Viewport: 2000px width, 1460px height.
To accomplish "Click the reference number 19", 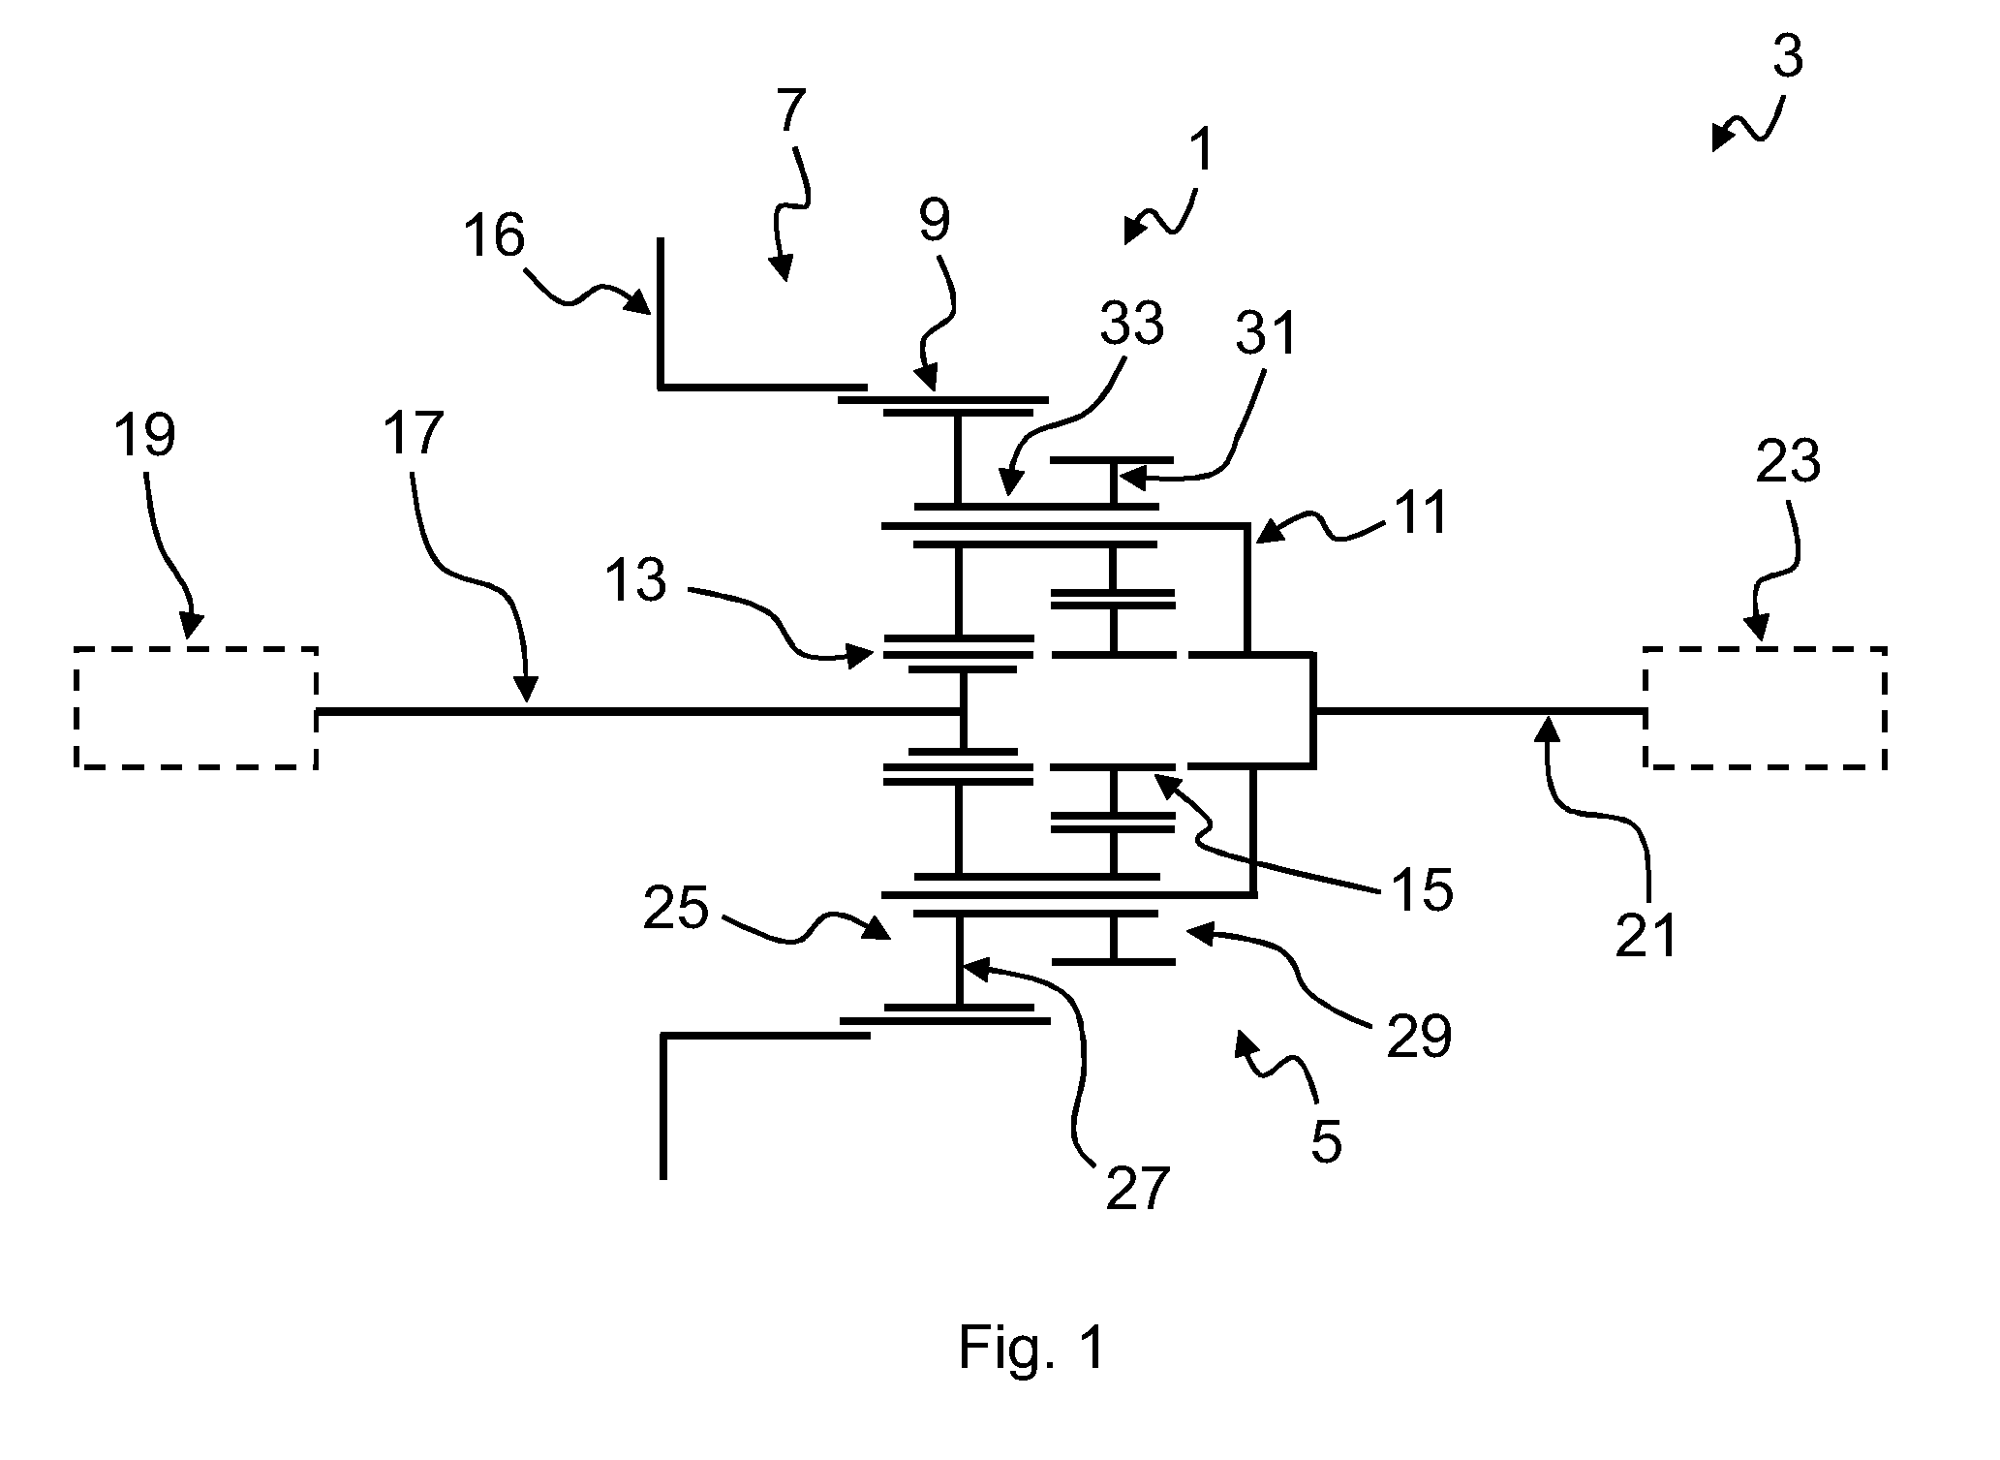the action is (x=144, y=436).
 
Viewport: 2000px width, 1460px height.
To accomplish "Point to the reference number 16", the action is (x=495, y=237).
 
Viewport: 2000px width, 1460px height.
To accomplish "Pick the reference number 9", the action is (x=935, y=221).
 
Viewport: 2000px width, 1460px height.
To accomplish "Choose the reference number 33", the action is (x=1131, y=324).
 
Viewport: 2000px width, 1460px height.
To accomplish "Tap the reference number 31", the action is (x=1266, y=334).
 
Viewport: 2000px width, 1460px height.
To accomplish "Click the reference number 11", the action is (x=1420, y=513).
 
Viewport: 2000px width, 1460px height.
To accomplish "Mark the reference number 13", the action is (x=636, y=581).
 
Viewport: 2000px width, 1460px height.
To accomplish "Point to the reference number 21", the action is (x=1646, y=936).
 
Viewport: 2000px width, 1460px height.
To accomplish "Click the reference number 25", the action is (x=676, y=910).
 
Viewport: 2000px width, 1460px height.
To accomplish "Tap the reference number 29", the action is (x=1420, y=1039).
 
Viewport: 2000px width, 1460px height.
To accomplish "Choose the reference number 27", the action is (x=1138, y=1188).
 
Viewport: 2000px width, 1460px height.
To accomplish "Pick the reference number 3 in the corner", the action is (x=1788, y=57).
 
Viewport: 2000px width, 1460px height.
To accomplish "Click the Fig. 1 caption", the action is (x=1031, y=1347).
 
